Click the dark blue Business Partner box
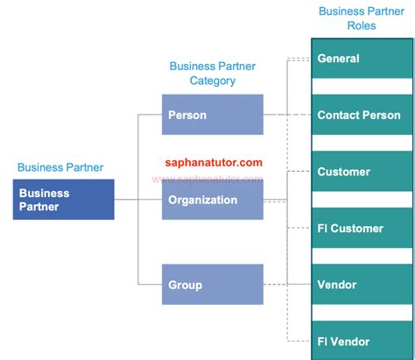coord(64,200)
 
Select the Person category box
coord(213,115)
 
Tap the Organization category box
coord(213,200)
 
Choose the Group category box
coord(213,285)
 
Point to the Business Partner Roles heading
coord(360,18)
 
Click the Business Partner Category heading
coord(213,74)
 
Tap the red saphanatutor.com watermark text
coord(214,162)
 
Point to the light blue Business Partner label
coord(60,167)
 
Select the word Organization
coord(203,200)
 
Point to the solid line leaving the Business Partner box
coord(126,200)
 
